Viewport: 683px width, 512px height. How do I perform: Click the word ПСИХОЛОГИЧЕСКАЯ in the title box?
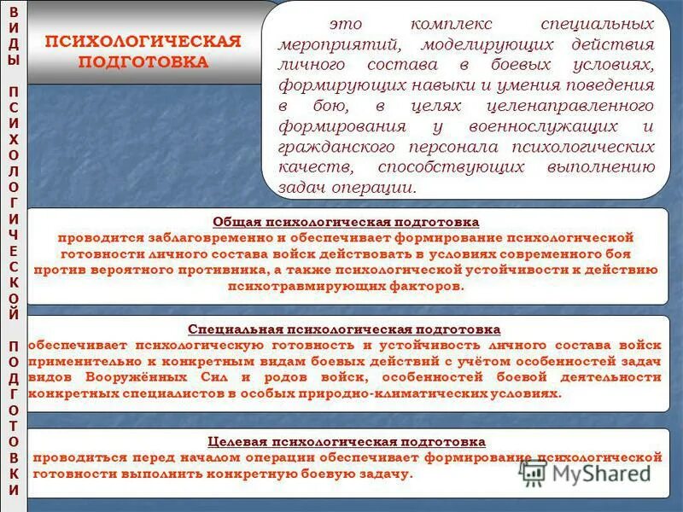[x=143, y=42]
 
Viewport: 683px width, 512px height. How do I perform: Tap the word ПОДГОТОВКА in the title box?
[x=143, y=62]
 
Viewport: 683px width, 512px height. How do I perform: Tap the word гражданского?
[x=330, y=147]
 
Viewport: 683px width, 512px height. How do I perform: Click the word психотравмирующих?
[x=300, y=286]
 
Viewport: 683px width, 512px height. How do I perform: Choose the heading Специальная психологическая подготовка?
[x=344, y=329]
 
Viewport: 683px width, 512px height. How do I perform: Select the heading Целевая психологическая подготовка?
[x=347, y=441]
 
